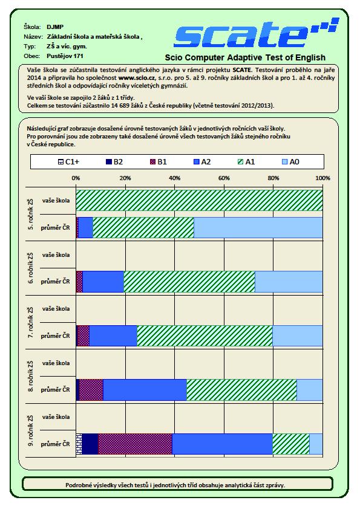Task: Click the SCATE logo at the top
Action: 257,33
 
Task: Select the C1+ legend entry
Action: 68,161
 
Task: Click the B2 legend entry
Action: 114,161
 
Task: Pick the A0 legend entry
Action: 290,161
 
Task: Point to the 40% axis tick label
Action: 174,178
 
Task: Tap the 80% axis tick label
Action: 273,178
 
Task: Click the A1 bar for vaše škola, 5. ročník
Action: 199,200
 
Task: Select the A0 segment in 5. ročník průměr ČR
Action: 258,227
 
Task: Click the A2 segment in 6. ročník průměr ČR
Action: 103,282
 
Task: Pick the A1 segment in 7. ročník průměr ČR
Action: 205,336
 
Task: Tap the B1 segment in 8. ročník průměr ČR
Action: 91,390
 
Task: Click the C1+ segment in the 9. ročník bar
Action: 79,444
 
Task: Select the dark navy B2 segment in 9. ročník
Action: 90,444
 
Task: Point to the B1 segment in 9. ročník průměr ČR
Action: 135,444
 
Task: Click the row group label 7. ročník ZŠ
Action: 30,322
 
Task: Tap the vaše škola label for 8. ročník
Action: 56,363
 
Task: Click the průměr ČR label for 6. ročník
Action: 55,282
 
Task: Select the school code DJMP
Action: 55,27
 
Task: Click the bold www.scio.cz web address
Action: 137,78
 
